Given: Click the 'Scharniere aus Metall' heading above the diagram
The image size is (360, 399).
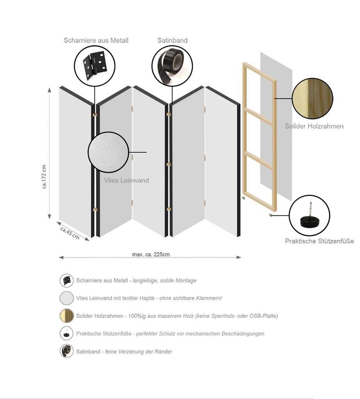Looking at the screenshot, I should tap(96, 41).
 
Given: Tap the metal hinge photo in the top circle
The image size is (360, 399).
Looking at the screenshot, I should tap(94, 65).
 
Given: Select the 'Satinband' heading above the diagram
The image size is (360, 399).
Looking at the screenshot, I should tap(172, 41).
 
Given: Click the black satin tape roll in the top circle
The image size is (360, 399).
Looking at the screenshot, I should tap(172, 65).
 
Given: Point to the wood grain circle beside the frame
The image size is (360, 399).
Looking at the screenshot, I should tap(312, 99).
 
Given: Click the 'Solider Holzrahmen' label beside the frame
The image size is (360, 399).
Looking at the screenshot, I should tap(314, 126).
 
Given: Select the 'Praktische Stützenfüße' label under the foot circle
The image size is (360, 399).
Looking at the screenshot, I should tap(319, 241).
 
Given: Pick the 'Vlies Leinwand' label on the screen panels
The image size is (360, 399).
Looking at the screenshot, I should tap(126, 180).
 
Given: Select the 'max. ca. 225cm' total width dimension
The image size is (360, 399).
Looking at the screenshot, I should tap(151, 254).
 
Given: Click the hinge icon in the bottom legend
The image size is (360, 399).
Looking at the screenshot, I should tap(67, 281).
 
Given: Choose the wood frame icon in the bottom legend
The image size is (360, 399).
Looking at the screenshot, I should tap(67, 316).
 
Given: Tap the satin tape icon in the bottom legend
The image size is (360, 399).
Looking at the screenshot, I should tap(67, 351).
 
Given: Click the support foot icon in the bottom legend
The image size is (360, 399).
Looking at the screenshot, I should tap(67, 334).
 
